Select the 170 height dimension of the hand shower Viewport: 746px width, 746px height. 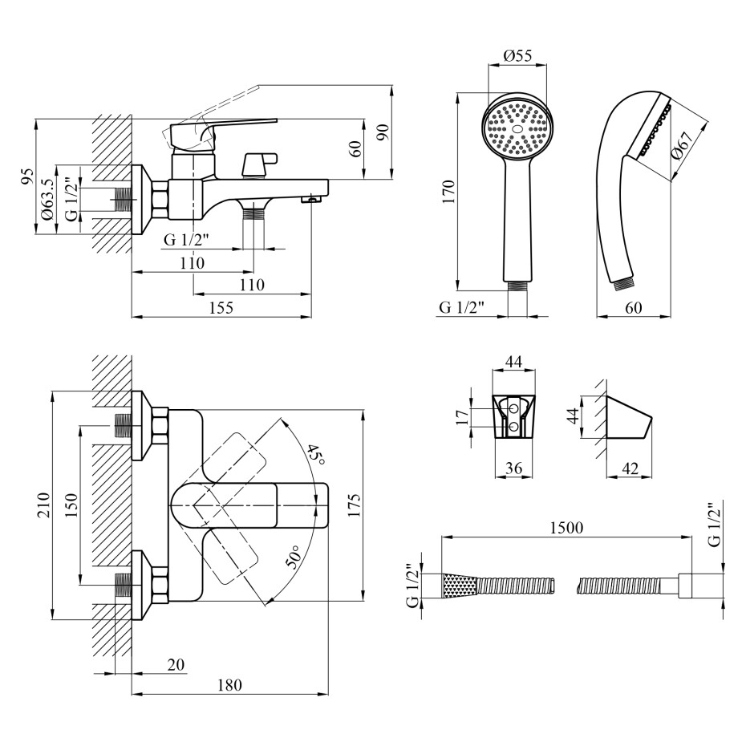tap(448, 192)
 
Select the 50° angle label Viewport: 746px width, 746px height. tap(294, 557)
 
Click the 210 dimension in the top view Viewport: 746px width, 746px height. tap(43, 505)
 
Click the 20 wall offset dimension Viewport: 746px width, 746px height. tap(176, 663)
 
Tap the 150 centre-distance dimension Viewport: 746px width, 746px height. tap(71, 505)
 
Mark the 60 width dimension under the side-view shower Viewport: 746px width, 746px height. tap(634, 307)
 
